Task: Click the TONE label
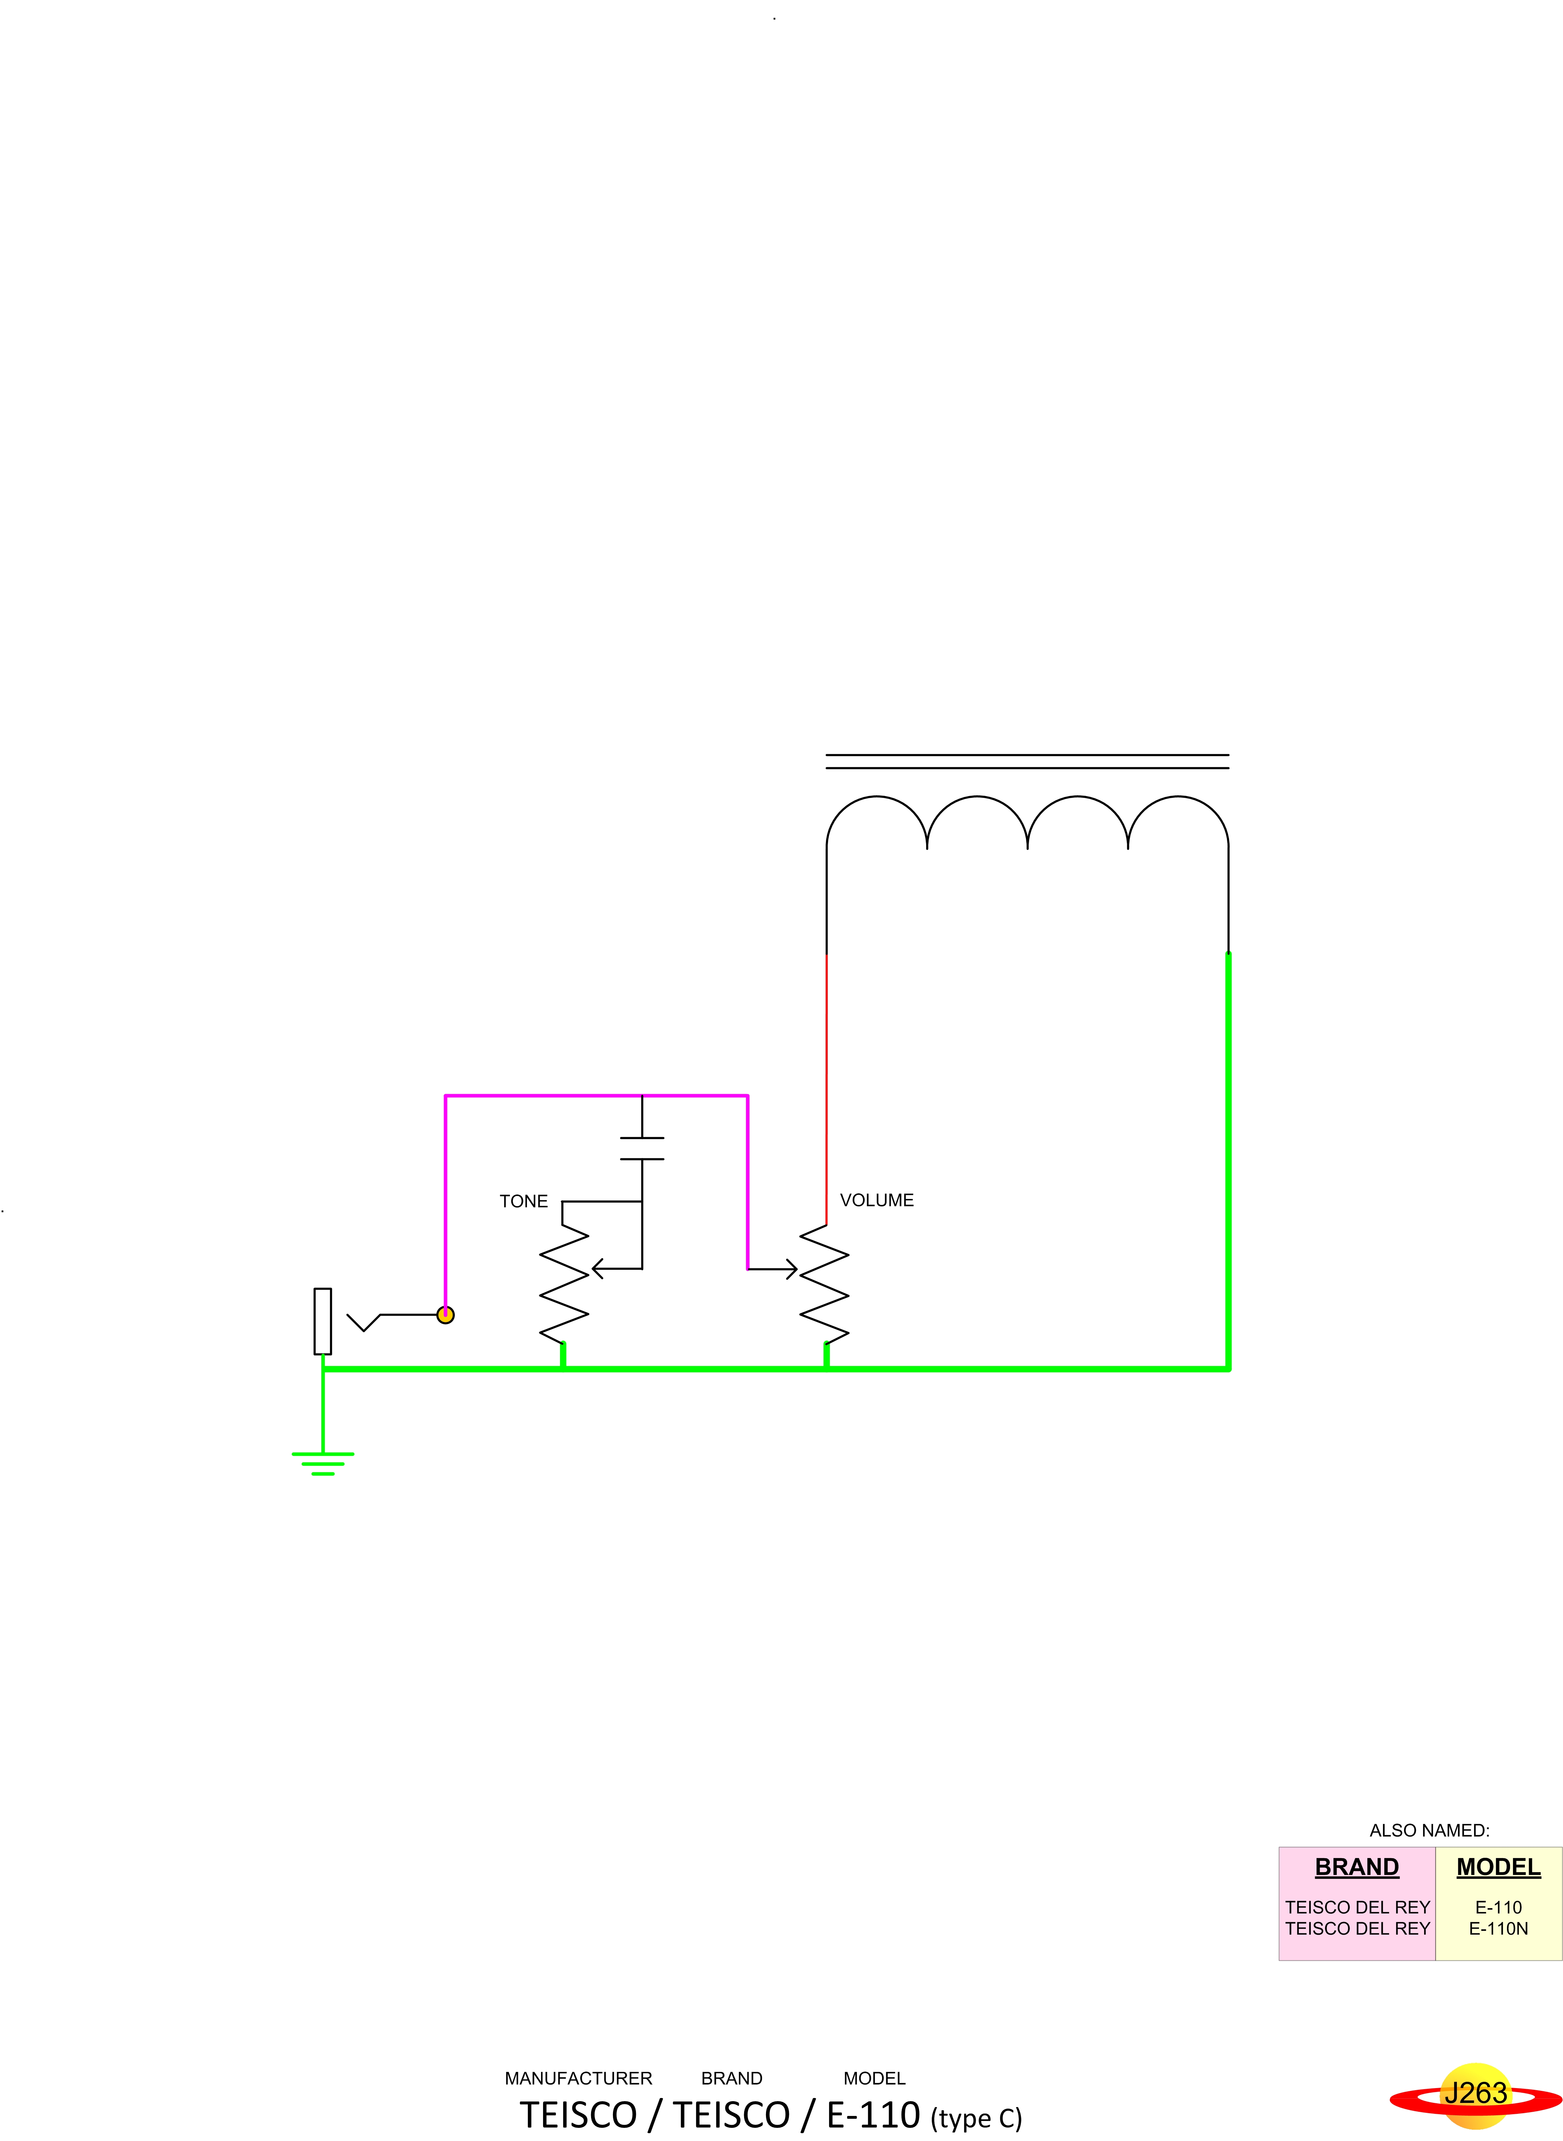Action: [x=523, y=1201]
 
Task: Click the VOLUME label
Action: [x=876, y=1201]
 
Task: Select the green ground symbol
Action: [x=323, y=1463]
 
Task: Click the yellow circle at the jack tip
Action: [x=446, y=1315]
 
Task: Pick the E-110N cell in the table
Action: [x=1499, y=1928]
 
